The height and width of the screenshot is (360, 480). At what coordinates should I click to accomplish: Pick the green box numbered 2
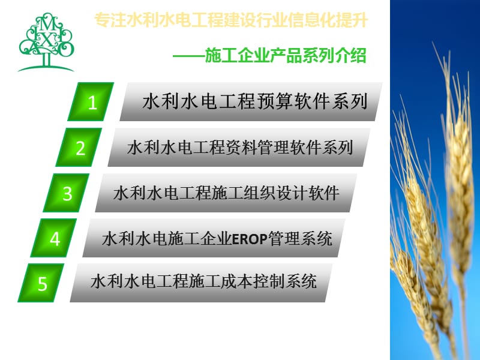coord(80,148)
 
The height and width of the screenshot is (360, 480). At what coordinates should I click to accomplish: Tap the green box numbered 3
coord(67,193)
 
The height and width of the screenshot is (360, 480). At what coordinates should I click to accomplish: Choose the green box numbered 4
coord(55,239)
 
